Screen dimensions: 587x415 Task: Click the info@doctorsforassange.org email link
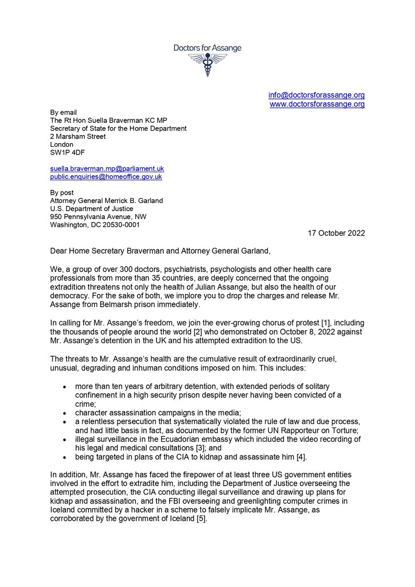click(x=317, y=95)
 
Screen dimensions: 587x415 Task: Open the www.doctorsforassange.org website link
click(x=317, y=104)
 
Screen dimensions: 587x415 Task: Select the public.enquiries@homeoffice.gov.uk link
click(x=106, y=176)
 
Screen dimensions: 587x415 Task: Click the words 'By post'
click(x=62, y=193)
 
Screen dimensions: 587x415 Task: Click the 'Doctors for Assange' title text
click(x=207, y=48)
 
